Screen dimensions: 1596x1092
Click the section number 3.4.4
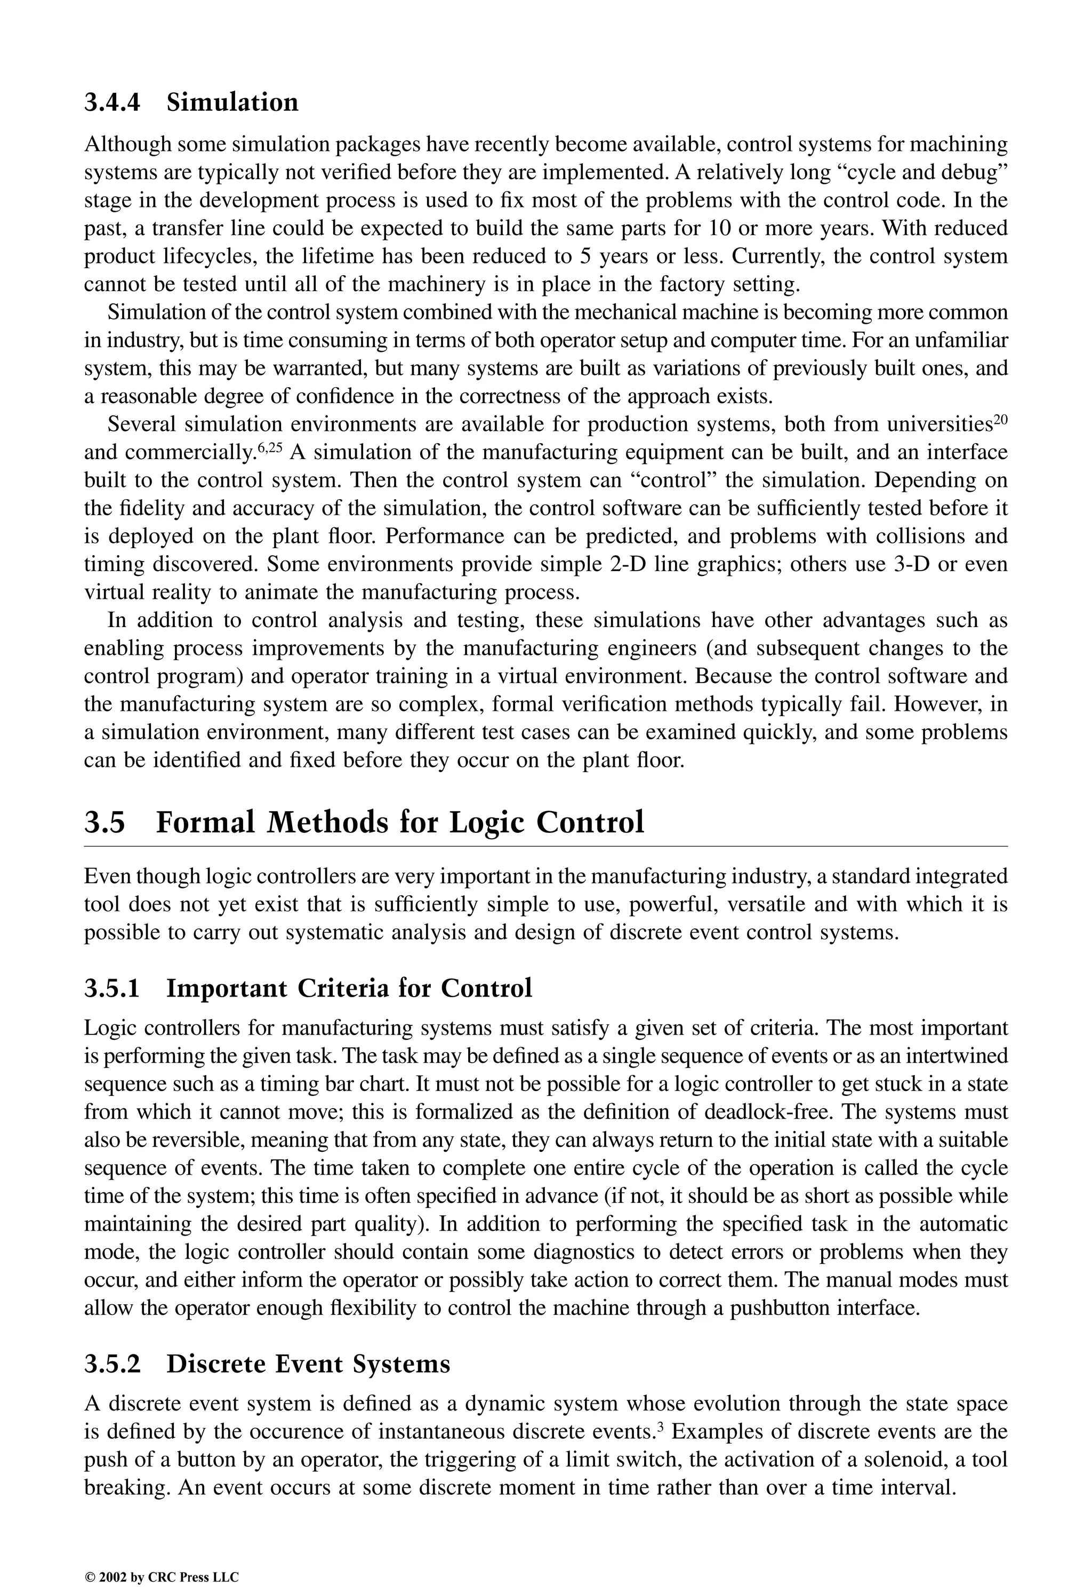[112, 102]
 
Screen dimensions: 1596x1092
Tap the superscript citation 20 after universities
[999, 418]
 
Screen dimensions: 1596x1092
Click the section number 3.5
[105, 822]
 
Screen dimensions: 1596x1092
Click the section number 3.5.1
[112, 988]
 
